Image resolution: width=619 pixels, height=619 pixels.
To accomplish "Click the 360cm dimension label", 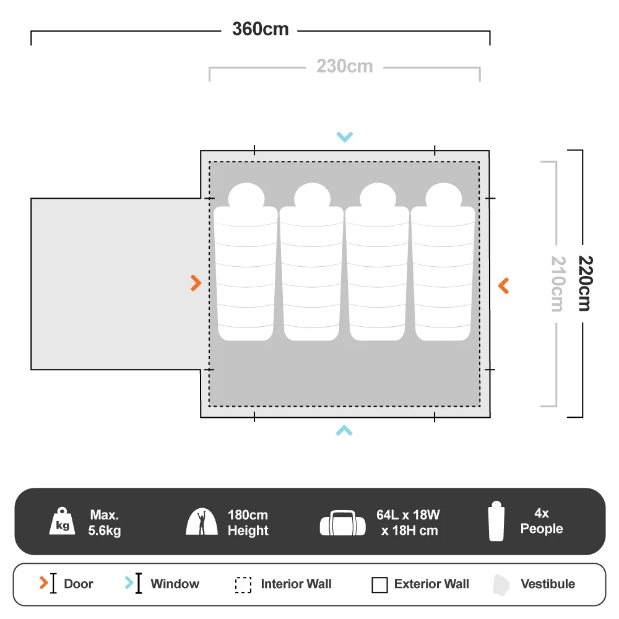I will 260,29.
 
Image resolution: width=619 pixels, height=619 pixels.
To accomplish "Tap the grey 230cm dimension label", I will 345,66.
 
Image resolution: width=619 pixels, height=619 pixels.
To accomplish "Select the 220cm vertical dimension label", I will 583,283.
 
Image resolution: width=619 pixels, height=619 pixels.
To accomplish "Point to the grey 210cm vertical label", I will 557,284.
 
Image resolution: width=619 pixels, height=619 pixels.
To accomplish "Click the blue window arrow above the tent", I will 344,137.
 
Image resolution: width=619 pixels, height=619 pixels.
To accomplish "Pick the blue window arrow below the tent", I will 344,430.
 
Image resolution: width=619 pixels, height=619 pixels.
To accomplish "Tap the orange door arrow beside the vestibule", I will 196,284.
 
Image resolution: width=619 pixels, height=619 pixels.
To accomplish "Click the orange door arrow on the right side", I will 503,285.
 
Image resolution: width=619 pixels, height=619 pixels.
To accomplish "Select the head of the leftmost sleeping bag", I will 246,196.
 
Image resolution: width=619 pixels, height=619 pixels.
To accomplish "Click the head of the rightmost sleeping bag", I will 443,196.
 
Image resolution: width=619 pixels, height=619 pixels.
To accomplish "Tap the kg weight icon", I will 63,522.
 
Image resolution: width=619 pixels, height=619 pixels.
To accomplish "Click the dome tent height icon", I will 202,522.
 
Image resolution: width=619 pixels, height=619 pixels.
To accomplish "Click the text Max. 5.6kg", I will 105,522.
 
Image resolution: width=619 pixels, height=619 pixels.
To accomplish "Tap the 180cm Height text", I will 248,522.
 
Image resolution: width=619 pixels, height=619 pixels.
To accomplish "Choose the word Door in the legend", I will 79,584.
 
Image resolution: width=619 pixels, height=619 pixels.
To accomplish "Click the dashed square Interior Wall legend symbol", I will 243,585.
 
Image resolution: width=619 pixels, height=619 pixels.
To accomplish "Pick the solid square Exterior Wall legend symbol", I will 379,585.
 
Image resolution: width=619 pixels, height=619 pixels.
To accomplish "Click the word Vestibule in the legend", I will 547,584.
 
